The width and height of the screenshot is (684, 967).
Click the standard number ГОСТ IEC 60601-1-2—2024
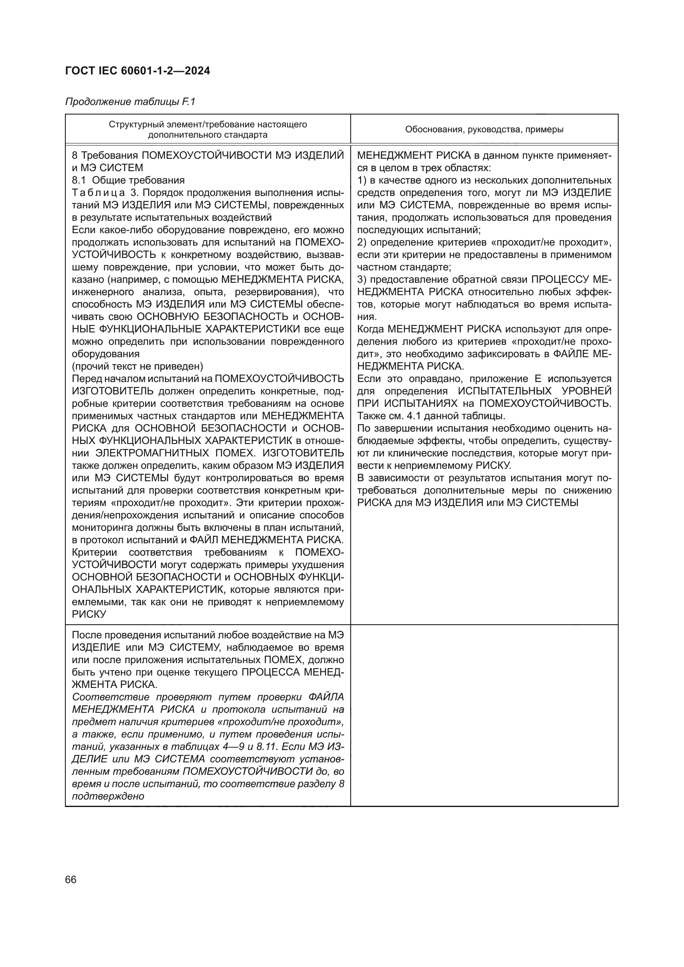(138, 71)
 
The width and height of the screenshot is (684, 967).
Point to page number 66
(71, 879)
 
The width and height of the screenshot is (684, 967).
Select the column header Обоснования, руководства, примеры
(484, 129)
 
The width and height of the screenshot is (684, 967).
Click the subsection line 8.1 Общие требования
(129, 180)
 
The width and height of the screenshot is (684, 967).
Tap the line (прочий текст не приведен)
(137, 365)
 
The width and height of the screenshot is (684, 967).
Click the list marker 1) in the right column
(362, 180)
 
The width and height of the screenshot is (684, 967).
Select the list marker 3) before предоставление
(362, 279)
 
